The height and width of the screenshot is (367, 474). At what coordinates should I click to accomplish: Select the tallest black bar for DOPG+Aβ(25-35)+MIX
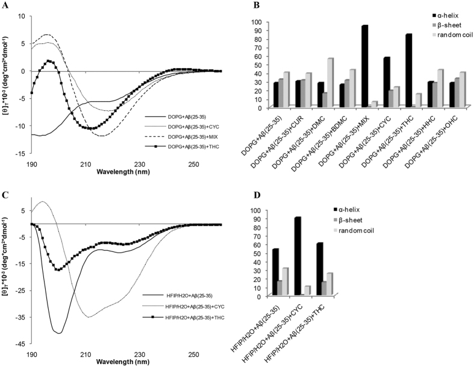[x=364, y=66]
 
